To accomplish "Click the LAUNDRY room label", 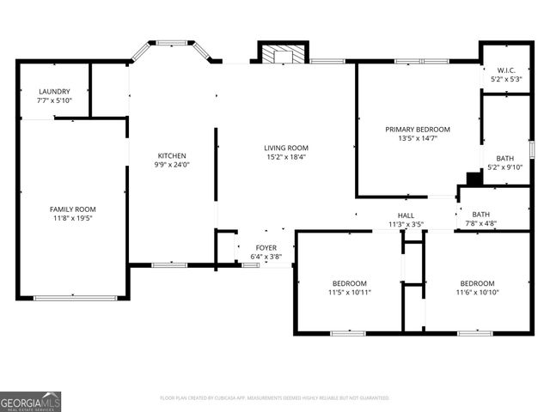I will tap(54, 91).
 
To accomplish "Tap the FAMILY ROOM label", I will tap(72, 209).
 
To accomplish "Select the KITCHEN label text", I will tap(171, 156).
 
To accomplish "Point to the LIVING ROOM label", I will tap(285, 148).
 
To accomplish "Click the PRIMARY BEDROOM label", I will tap(418, 129).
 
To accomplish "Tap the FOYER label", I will tap(266, 248).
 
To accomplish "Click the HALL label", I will tap(406, 215).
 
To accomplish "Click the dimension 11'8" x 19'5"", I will tap(72, 219).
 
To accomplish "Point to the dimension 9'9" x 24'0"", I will tap(171, 166).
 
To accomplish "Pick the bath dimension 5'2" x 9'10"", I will tap(504, 167).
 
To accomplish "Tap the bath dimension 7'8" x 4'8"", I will tap(480, 224).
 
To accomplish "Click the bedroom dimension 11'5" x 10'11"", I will tap(350, 293).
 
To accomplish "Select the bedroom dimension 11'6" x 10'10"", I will tap(477, 293).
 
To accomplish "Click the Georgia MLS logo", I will tap(31, 401).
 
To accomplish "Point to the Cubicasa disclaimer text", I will tap(275, 398).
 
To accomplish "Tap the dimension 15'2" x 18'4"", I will tap(285, 157).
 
